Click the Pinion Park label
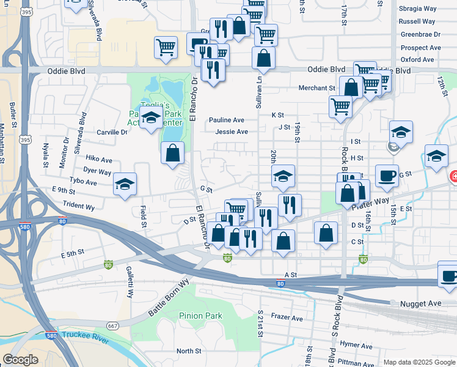(201, 316)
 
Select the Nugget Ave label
(420, 303)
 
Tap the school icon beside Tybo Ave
(125, 184)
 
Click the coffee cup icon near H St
(387, 175)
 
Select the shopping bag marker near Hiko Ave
(173, 152)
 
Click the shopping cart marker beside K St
(340, 107)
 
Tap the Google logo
(20, 360)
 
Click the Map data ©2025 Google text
(419, 362)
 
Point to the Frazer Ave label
(287, 318)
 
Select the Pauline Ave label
(226, 120)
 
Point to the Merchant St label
(317, 88)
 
